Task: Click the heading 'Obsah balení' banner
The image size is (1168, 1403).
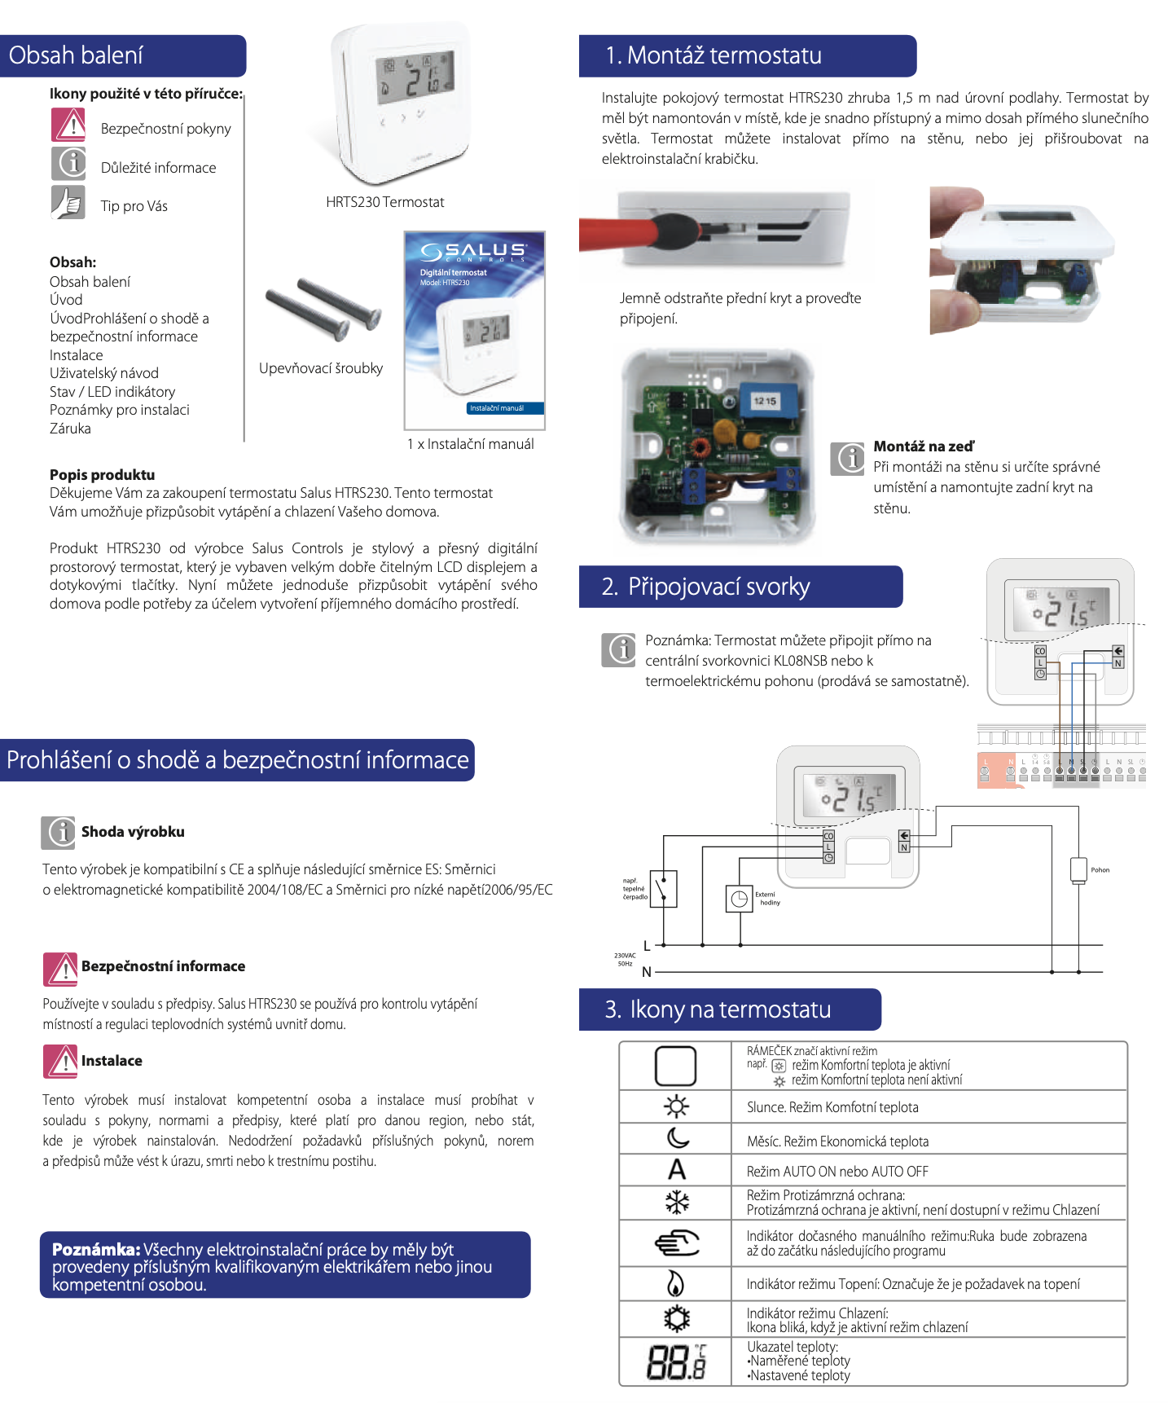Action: (122, 55)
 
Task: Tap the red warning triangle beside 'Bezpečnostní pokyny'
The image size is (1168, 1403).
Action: (68, 125)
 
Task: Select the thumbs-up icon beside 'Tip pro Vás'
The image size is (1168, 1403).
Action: (68, 203)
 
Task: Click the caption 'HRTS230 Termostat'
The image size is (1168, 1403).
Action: (384, 202)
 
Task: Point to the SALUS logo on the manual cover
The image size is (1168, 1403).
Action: (474, 251)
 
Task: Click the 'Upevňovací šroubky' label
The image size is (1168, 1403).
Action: (320, 368)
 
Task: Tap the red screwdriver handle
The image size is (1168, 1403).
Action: (627, 232)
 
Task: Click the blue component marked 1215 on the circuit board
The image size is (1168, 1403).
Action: (765, 401)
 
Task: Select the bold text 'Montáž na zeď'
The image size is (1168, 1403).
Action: (923, 446)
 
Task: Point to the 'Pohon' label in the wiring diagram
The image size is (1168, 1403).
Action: (1100, 870)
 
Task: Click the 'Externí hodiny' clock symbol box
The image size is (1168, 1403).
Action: (739, 899)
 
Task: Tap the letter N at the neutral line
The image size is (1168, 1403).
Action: (647, 972)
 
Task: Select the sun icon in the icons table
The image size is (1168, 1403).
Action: (675, 1106)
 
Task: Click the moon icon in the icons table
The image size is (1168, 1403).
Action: (677, 1138)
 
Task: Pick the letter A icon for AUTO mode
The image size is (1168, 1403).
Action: (676, 1170)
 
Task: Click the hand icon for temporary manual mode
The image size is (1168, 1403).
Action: (676, 1242)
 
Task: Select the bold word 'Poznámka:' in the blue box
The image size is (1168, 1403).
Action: (96, 1249)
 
